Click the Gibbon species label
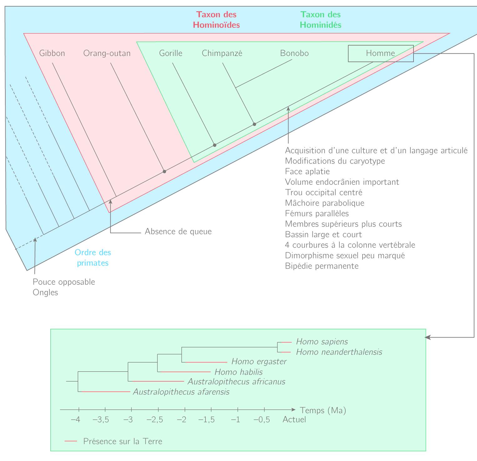pos(52,53)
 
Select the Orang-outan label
pos(107,53)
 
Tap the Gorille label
pos(170,53)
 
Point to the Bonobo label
pos(294,53)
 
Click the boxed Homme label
pos(381,53)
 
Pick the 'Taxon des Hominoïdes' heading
pos(216,20)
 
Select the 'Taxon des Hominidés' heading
pos(320,20)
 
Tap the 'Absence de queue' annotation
pos(178,232)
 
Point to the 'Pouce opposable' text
pos(64,282)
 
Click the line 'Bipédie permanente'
pos(322,266)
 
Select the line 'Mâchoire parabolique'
pos(324,203)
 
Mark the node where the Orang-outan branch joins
pos(165,171)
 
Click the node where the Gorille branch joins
pos(215,145)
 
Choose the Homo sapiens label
pos(322,342)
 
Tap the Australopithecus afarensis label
pos(181,392)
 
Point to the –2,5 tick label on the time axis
pos(155,420)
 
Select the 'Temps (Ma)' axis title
pos(323,410)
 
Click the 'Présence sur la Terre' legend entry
pos(123,441)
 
